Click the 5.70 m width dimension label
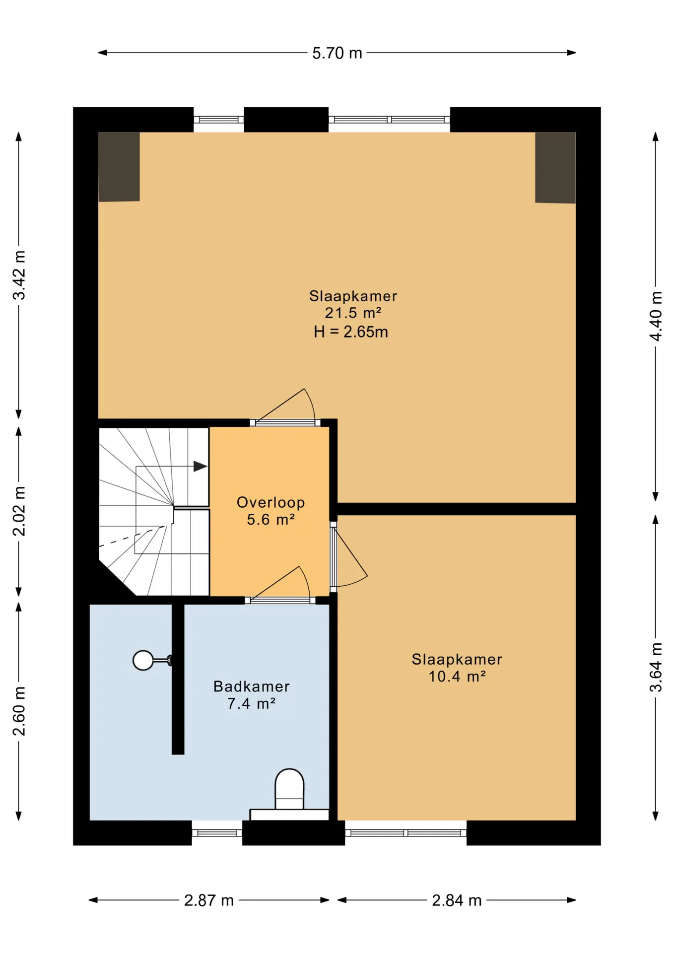point(337,53)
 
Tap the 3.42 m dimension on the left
point(19,275)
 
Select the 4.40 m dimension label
point(656,316)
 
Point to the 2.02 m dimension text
point(19,511)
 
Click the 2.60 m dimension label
point(19,711)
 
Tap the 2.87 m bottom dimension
point(208,900)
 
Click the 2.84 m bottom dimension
point(457,900)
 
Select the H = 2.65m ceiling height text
point(351,332)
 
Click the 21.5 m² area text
point(353,313)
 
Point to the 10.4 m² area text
point(457,677)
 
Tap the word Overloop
point(271,502)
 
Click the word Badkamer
point(252,686)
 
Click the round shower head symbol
point(143,660)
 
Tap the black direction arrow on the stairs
point(200,467)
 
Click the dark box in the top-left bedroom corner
point(119,167)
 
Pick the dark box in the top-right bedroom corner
point(555,168)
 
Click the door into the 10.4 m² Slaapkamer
point(347,556)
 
